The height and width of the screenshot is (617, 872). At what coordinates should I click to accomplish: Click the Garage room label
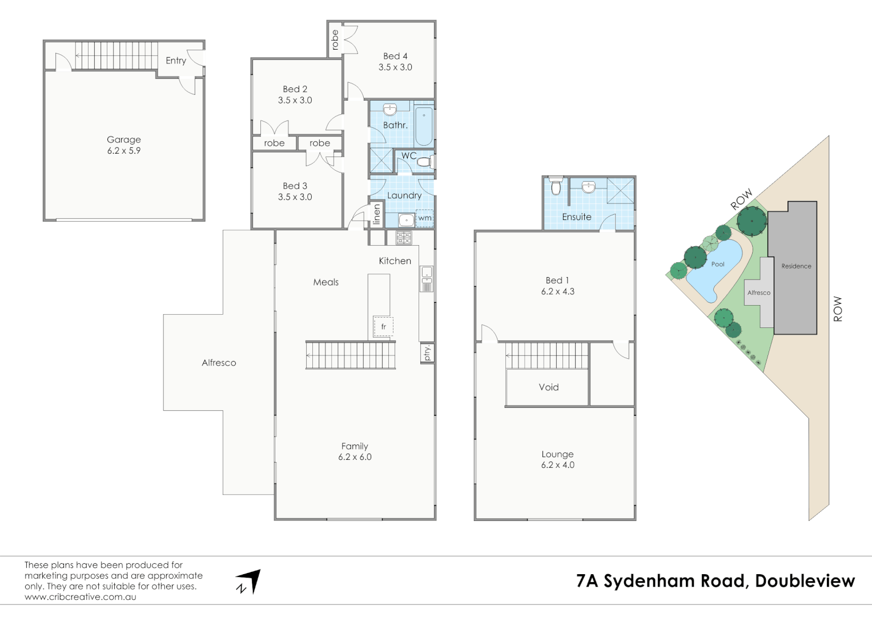pyautogui.click(x=123, y=139)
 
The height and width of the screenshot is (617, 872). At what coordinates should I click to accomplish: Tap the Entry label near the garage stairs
pyautogui.click(x=176, y=61)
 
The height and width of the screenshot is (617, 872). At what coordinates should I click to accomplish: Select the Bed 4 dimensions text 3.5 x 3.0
pyautogui.click(x=395, y=67)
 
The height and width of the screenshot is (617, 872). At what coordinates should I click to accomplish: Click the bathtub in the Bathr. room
pyautogui.click(x=423, y=126)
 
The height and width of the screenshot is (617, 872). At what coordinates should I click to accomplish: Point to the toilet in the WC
pyautogui.click(x=424, y=162)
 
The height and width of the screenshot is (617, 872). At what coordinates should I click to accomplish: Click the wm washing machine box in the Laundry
pyautogui.click(x=424, y=218)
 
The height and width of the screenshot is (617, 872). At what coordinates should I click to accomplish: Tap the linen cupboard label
pyautogui.click(x=376, y=214)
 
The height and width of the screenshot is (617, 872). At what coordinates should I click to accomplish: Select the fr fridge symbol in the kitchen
pyautogui.click(x=383, y=327)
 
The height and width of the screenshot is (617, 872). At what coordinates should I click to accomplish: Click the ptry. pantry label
pyautogui.click(x=427, y=353)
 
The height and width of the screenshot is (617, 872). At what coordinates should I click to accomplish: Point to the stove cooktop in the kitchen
pyautogui.click(x=404, y=238)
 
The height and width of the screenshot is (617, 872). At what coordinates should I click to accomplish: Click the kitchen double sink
pyautogui.click(x=427, y=278)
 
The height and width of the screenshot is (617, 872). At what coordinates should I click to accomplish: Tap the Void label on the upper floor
pyautogui.click(x=549, y=387)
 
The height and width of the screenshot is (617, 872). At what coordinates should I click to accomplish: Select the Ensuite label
pyautogui.click(x=577, y=217)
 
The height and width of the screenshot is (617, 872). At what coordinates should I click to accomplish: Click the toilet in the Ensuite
pyautogui.click(x=556, y=187)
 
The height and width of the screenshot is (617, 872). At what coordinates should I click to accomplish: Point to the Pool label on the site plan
pyautogui.click(x=718, y=264)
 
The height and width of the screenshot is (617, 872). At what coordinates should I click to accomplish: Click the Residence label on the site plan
pyautogui.click(x=796, y=266)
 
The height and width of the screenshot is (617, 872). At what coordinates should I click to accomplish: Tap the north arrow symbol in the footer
pyautogui.click(x=248, y=582)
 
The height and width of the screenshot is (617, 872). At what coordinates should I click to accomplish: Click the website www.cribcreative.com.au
pyautogui.click(x=81, y=597)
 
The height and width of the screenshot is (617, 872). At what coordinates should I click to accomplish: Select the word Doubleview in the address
pyautogui.click(x=805, y=581)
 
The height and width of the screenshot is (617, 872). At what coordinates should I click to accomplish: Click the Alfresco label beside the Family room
pyautogui.click(x=219, y=363)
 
